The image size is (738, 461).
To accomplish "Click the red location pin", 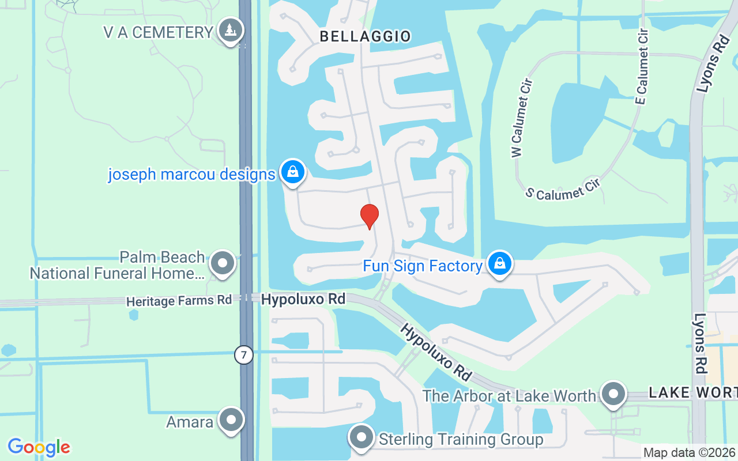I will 369,217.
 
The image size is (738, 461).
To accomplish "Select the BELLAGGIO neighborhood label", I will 365,36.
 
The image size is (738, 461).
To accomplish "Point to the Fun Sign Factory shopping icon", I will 499,264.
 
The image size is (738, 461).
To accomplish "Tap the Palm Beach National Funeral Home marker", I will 222,263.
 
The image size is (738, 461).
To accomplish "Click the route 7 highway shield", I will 244,355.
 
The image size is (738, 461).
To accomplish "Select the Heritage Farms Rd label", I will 179,300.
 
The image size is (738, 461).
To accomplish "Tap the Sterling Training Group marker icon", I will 362,438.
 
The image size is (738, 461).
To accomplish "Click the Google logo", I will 39,447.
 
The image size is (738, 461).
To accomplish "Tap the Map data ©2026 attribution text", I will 689,453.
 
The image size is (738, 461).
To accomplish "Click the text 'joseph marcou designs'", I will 191,174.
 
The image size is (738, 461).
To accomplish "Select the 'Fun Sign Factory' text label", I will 422,266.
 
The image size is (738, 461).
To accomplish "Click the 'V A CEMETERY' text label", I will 159,32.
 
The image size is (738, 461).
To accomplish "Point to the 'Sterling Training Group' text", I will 461,440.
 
